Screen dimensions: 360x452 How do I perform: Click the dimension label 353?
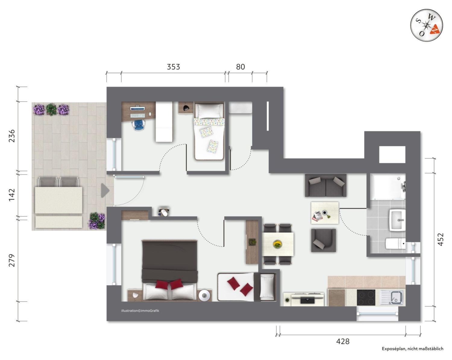173,67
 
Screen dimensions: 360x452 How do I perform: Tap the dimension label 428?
343,341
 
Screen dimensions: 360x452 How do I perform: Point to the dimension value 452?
441,239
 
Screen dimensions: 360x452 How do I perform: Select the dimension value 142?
11,195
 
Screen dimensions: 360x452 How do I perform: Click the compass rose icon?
426,25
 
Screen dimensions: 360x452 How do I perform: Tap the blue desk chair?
139,125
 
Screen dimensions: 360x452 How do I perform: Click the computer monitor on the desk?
137,109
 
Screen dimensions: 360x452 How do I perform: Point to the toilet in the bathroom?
395,244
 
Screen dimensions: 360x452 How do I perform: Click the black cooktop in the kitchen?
366,298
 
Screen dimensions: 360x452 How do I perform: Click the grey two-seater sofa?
325,185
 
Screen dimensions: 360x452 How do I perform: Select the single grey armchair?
323,240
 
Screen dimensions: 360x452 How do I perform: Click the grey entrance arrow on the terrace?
105,191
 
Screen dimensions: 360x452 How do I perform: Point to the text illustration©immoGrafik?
140,311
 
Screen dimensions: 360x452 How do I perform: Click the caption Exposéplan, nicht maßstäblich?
412,349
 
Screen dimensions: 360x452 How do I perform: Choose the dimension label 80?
240,67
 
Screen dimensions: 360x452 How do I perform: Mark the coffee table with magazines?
325,213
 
